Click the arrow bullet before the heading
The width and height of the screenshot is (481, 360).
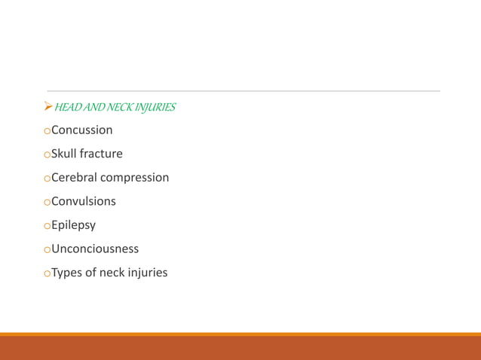[x=48, y=107]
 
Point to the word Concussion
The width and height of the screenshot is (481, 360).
[x=82, y=130]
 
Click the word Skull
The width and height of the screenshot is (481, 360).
[x=64, y=154]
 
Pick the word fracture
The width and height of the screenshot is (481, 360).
[x=101, y=154]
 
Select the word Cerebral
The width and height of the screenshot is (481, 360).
[x=74, y=178]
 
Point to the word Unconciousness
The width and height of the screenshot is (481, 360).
[x=95, y=249]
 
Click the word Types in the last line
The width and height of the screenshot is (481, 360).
[x=67, y=273]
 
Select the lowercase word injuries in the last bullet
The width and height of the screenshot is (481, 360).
[x=146, y=273]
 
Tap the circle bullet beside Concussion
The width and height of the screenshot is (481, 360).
[x=47, y=131]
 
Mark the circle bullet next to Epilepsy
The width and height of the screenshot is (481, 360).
[x=47, y=226]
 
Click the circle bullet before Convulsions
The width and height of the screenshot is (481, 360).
[x=47, y=203]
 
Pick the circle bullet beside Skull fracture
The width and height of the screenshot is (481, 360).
[x=47, y=155]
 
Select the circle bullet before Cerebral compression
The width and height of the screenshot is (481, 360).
[x=47, y=178]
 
